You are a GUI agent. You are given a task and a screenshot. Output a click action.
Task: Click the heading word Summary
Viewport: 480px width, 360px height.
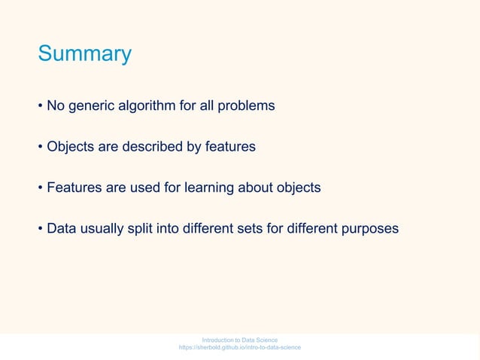pyautogui.click(x=84, y=54)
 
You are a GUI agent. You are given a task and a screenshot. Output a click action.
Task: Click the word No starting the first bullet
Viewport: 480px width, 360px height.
pyautogui.click(x=56, y=106)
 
